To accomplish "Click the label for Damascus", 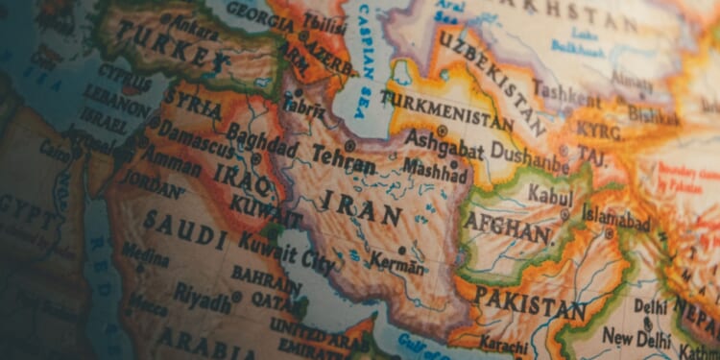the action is (195, 138).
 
